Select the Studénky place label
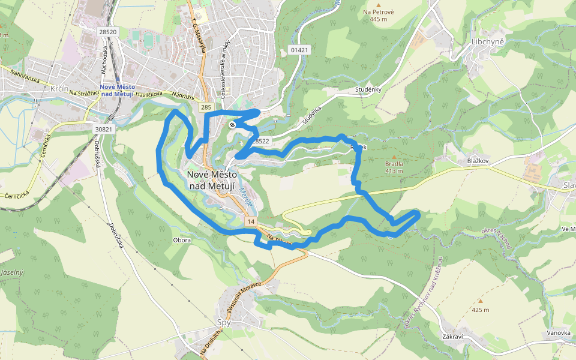[x=368, y=90]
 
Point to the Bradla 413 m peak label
[x=394, y=166]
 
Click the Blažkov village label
[x=479, y=161]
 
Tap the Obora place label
[x=181, y=240]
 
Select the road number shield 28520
[x=109, y=31]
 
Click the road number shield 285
[x=206, y=107]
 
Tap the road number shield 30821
[x=104, y=128]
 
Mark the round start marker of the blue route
[x=232, y=124]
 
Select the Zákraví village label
[x=452, y=337]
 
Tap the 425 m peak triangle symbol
[x=479, y=301]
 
